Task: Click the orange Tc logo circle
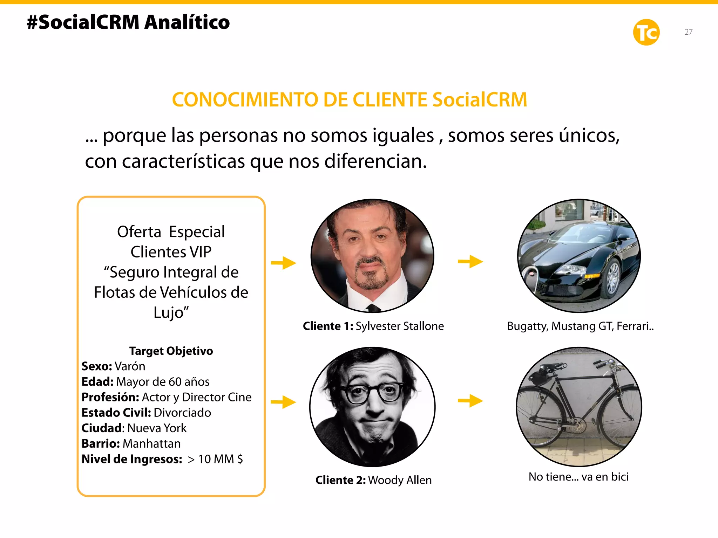tap(646, 32)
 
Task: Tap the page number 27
tap(688, 32)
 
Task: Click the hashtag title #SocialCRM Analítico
tap(128, 22)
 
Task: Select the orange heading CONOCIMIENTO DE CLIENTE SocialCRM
tap(349, 100)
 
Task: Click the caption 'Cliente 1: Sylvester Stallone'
tap(373, 326)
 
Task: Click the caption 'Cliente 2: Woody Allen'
tap(373, 480)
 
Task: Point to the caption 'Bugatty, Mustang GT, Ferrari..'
tap(580, 326)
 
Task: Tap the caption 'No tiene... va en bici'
tap(578, 477)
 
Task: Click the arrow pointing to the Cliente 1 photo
tap(284, 263)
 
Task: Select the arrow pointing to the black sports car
tap(470, 261)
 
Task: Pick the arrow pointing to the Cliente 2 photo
tap(284, 402)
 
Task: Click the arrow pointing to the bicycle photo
tap(470, 401)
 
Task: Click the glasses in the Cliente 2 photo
tap(372, 393)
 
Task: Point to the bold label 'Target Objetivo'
tap(171, 351)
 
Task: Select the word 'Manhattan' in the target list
tap(151, 443)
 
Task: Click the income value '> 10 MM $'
tap(215, 459)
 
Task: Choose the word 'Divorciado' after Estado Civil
tap(182, 413)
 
